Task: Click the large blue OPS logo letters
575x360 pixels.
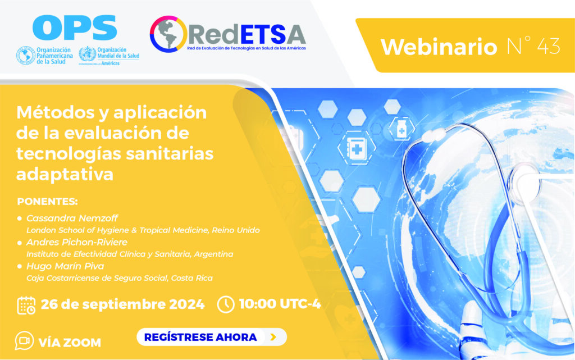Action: click(75, 28)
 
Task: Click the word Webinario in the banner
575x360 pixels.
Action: click(439, 47)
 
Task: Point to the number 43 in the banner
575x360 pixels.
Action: click(549, 46)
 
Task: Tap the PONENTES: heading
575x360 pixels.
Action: click(47, 202)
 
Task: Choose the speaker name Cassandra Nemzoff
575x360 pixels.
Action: click(72, 218)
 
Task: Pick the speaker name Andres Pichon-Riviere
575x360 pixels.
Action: click(77, 242)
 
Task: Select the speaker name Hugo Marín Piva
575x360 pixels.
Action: click(65, 266)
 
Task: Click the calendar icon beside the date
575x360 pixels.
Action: click(26, 306)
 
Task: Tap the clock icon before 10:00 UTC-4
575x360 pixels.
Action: click(226, 304)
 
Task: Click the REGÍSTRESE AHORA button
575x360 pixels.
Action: click(212, 337)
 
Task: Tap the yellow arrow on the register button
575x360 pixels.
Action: click(273, 337)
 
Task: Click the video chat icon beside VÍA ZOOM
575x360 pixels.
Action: click(24, 340)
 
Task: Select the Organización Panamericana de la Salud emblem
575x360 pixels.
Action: click(26, 56)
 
